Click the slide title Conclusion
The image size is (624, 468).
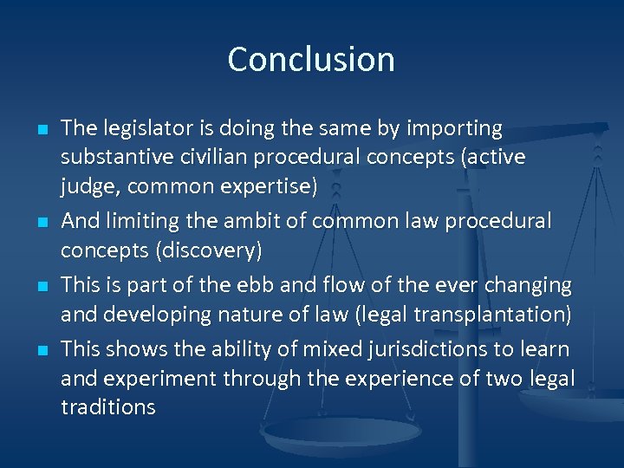(311, 59)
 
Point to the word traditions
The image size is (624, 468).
(108, 407)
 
